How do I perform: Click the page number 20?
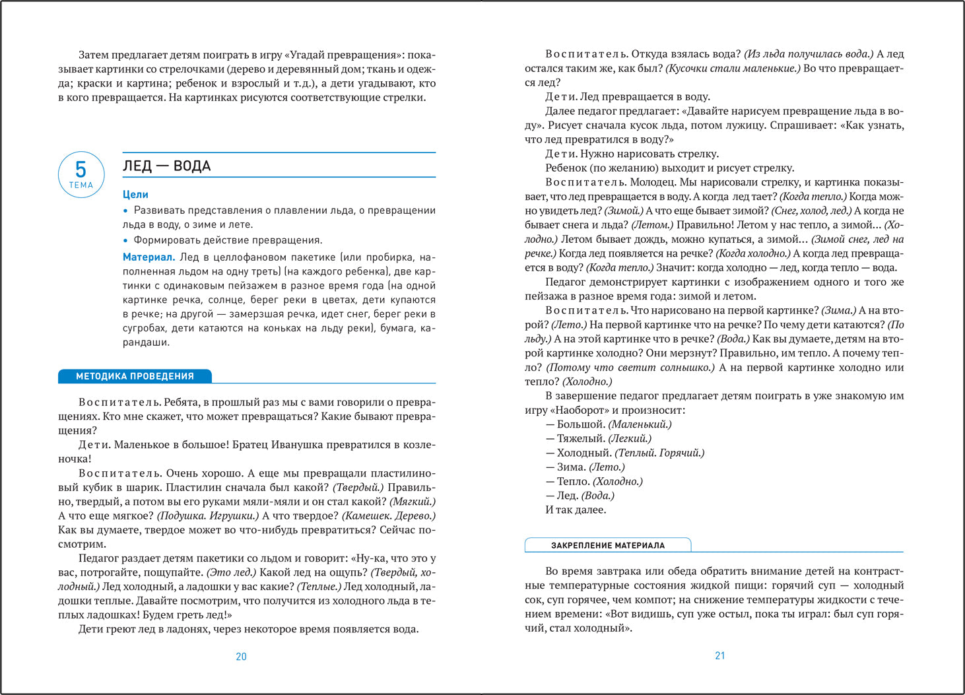pos(241,657)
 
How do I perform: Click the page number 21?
pos(720,656)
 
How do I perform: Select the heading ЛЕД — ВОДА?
pos(167,166)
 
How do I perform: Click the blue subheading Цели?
pos(135,195)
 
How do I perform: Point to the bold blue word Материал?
pos(149,257)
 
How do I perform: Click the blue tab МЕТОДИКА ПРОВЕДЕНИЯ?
pos(135,376)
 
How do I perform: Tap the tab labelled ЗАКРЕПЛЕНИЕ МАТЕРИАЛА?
pos(608,546)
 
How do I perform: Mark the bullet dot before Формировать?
pos(125,240)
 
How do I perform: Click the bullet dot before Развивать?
pos(125,211)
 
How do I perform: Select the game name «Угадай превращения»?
pos(343,55)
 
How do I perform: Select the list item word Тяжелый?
pos(581,439)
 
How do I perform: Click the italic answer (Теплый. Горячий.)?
pos(659,453)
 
